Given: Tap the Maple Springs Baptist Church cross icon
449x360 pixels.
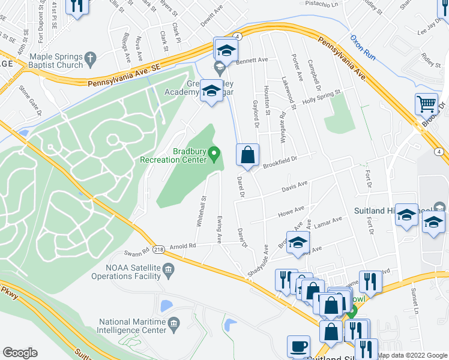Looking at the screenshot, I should pyautogui.click(x=90, y=59).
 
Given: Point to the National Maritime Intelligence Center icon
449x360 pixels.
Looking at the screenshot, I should pyautogui.click(x=174, y=325).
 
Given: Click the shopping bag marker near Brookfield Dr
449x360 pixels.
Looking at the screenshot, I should pyautogui.click(x=247, y=156).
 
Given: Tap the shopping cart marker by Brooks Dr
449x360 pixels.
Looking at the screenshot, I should pyautogui.click(x=426, y=104).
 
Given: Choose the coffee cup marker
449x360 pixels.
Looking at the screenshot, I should pyautogui.click(x=299, y=347).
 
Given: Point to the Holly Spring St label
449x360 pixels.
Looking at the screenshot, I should pyautogui.click(x=321, y=95).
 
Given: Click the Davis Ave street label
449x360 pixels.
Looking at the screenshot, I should pyautogui.click(x=295, y=188).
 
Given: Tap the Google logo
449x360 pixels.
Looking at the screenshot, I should pyautogui.click(x=20, y=353).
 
